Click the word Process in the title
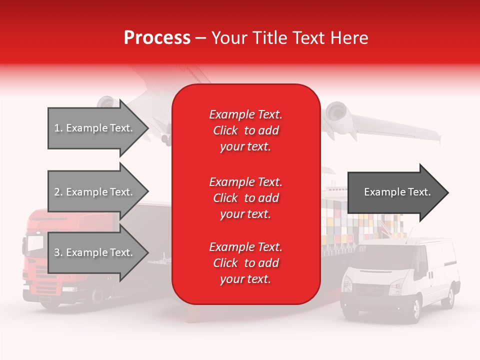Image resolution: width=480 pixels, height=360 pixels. click(x=157, y=38)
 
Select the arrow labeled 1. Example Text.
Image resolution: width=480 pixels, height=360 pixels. click(x=95, y=128)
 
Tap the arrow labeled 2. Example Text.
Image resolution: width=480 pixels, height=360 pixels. click(x=95, y=192)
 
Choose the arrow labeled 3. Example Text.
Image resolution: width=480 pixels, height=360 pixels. click(x=95, y=252)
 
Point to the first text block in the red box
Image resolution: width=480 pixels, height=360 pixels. click(x=245, y=130)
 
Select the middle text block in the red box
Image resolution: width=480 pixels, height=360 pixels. click(x=245, y=198)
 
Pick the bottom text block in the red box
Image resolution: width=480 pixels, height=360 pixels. click(x=245, y=263)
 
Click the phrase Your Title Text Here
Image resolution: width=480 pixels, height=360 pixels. click(x=289, y=38)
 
